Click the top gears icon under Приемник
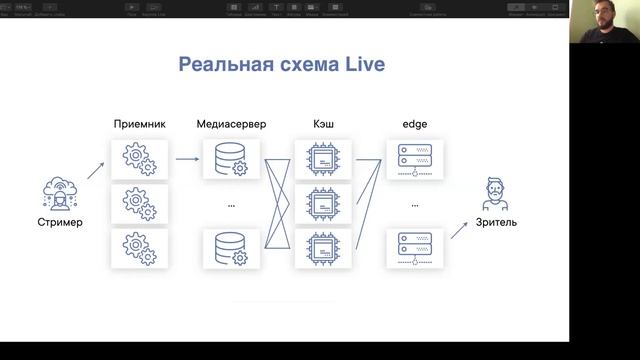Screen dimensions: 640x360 [138, 159]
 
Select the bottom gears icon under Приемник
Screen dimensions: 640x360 [138, 249]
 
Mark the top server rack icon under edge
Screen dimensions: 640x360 [413, 159]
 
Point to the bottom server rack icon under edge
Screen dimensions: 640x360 [413, 249]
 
